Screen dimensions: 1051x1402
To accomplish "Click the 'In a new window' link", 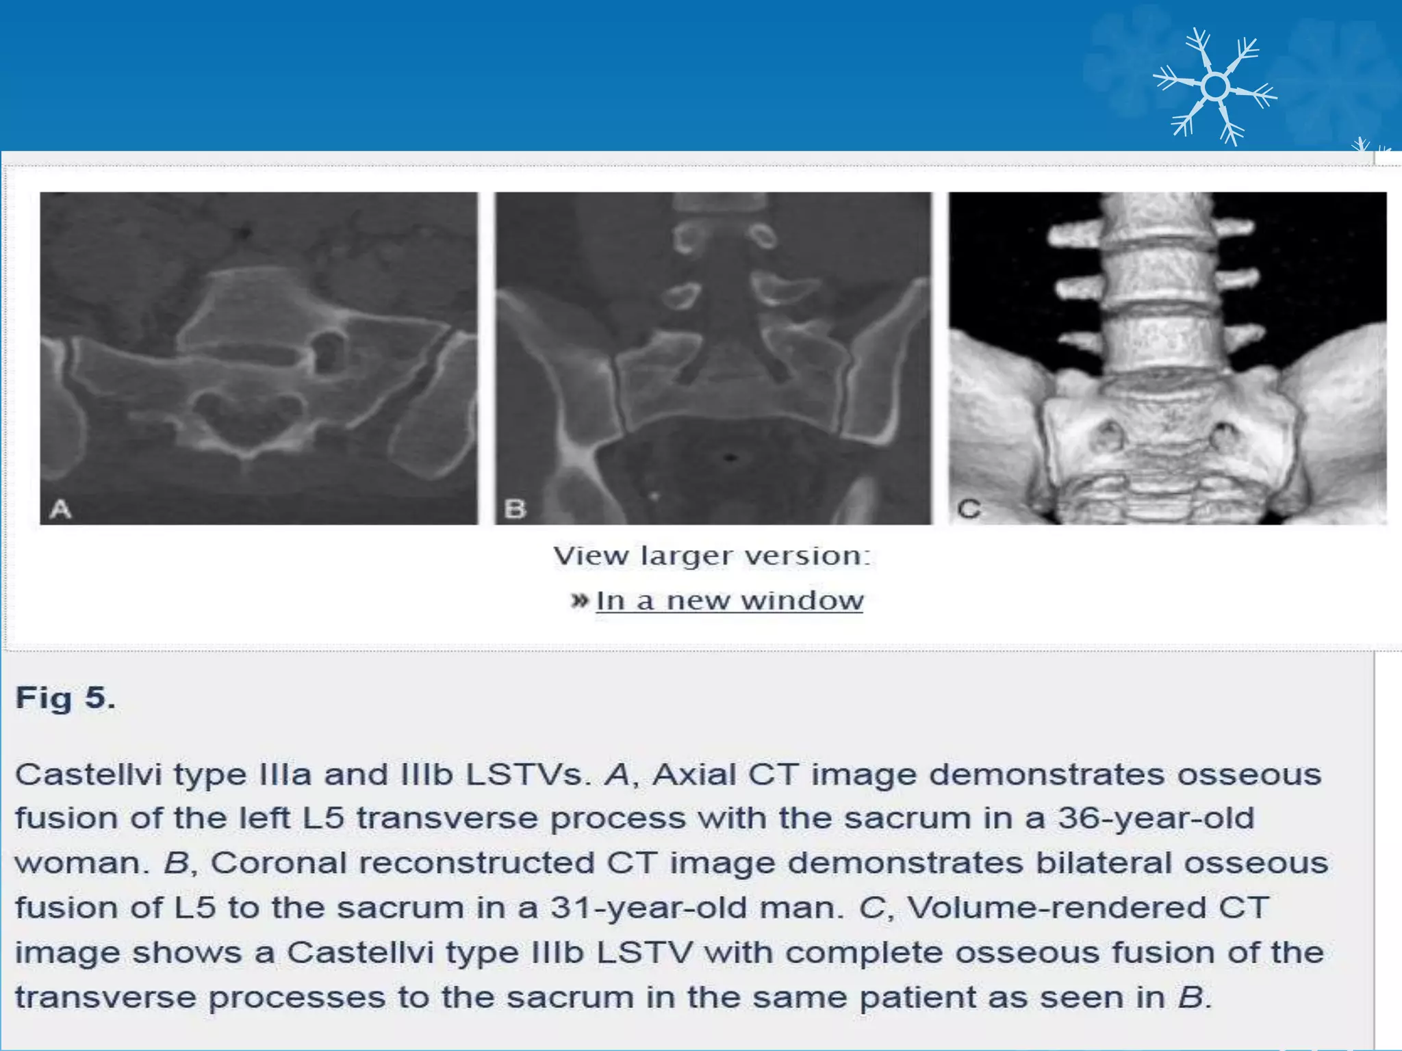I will click(x=729, y=601).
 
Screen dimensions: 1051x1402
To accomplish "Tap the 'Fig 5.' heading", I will click(x=66, y=698).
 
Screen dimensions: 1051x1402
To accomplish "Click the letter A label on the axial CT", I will click(x=61, y=508).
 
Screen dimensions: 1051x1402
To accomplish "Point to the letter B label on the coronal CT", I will click(x=515, y=508).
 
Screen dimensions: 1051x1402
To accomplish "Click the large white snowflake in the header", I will click(x=1215, y=87).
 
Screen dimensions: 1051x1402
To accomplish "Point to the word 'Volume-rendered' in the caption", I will click(x=1056, y=908).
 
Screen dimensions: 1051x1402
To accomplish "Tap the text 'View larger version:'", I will click(x=712, y=556).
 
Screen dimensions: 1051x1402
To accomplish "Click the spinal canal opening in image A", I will click(x=246, y=417).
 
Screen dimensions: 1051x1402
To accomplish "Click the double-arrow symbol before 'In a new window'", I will click(x=579, y=601).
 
